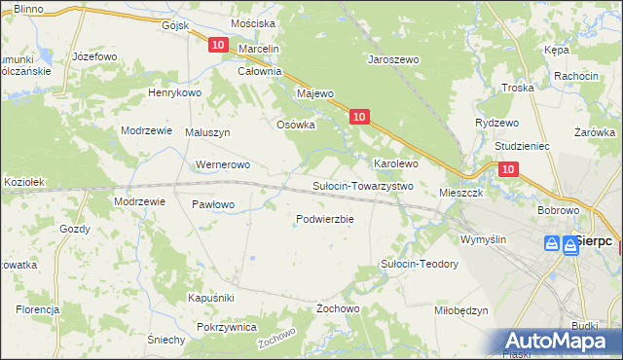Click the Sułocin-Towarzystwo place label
[x=363, y=186]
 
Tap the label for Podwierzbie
[x=324, y=219]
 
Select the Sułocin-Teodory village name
[x=419, y=264]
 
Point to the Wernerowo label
[x=225, y=164]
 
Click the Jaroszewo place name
[x=392, y=59]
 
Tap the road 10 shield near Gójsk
[x=217, y=45]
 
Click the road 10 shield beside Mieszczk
[x=508, y=169]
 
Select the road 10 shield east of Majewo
[x=359, y=117]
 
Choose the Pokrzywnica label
[x=226, y=328]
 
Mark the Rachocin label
[x=575, y=76]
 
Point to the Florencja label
[x=38, y=309]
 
